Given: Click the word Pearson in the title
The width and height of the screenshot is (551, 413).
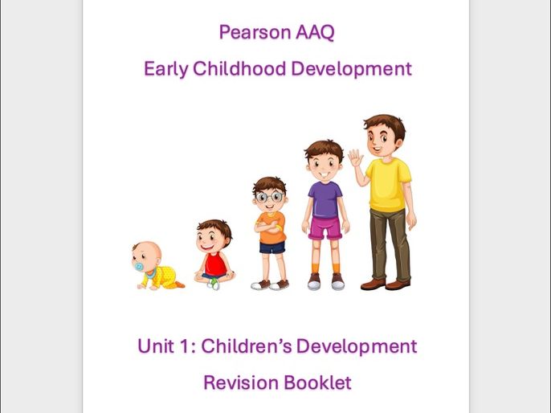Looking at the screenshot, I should [x=248, y=33].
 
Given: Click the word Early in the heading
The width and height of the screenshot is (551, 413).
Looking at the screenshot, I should [x=163, y=69].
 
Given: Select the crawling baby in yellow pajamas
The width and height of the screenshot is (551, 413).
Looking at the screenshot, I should [x=157, y=268].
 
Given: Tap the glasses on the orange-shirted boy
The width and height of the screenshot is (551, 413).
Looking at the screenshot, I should [x=269, y=197].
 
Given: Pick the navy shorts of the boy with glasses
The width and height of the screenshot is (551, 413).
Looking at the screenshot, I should [x=271, y=247].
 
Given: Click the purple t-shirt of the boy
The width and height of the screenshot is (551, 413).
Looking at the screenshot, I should [x=324, y=198].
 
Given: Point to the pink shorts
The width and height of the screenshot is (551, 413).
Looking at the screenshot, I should [x=324, y=228].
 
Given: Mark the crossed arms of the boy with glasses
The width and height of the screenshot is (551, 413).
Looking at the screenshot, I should [x=269, y=227].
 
